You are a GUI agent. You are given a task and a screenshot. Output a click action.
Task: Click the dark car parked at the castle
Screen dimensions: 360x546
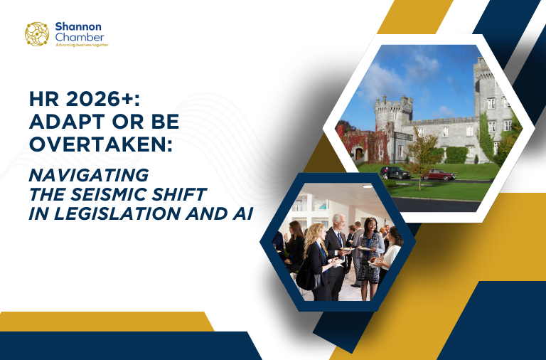pos(396,172)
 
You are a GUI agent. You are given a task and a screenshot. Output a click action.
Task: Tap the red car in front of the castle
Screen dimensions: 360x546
pos(441,174)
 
